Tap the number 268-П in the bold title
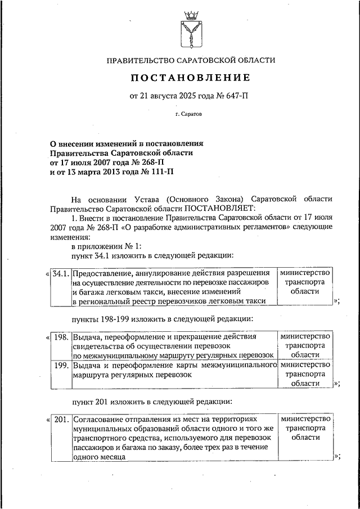[x=120, y=162]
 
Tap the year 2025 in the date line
[x=189, y=96]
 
